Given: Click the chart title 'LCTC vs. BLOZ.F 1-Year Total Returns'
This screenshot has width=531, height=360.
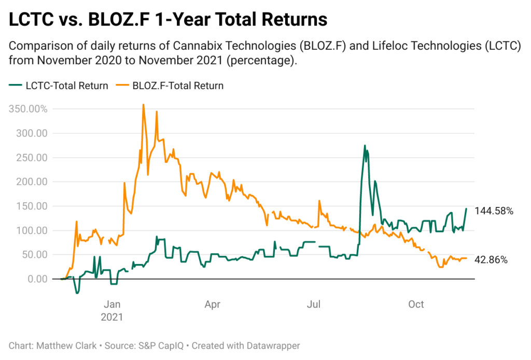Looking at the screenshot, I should (168, 20).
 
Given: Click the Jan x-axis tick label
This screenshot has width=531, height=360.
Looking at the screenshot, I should (112, 304).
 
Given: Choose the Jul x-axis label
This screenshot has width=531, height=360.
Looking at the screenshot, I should (314, 304).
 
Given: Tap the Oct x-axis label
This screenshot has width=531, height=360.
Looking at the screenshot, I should (416, 304).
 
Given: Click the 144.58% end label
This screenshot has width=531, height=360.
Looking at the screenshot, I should (494, 211).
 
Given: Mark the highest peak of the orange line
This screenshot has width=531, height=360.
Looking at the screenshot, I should (143, 104).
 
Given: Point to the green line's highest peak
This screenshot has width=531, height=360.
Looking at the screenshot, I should (365, 145).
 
